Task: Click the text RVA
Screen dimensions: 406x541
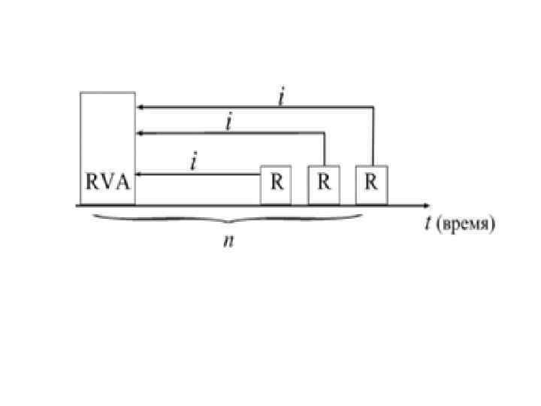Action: point(107,183)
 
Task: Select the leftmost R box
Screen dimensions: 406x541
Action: point(276,184)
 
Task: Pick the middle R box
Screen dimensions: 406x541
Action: point(324,184)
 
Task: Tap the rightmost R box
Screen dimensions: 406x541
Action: point(371,184)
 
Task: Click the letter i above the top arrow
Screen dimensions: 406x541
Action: point(281,98)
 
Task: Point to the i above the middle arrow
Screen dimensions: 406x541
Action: point(228,123)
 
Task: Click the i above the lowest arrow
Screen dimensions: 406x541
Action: point(195,162)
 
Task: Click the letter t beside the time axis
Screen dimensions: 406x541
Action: point(428,225)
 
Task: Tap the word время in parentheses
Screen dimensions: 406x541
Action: point(468,226)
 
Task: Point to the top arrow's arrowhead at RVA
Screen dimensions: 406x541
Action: point(140,108)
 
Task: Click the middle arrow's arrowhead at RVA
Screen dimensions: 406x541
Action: point(140,133)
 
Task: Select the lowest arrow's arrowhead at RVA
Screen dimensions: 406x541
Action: point(140,174)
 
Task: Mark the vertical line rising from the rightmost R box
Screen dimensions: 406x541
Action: point(373,135)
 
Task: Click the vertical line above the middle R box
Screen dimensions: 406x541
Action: point(325,149)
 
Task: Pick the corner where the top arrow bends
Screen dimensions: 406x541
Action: point(373,108)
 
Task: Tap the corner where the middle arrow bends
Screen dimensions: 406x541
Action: point(325,133)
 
